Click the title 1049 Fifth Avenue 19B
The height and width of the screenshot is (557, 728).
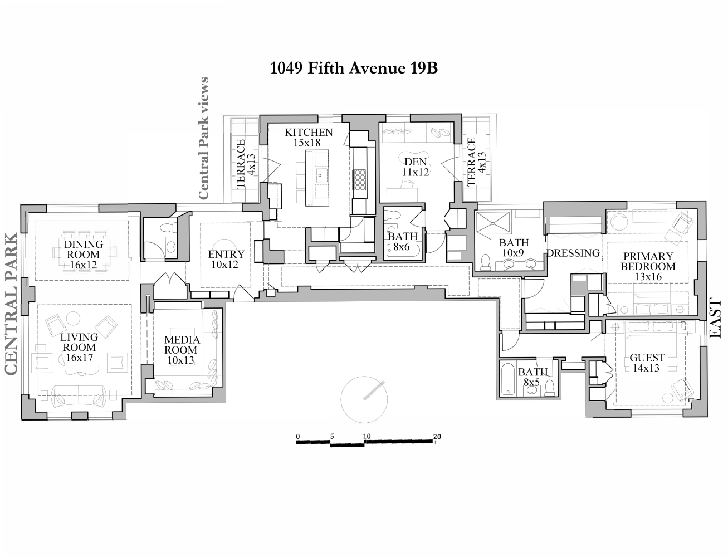tap(354, 68)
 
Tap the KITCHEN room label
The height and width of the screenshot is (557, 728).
tap(309, 137)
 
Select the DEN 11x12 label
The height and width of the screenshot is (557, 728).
tap(416, 167)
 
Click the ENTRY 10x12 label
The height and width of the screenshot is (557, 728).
tap(226, 260)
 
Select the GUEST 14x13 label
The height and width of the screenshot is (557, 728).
tap(647, 363)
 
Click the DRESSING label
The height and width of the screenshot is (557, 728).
tap(573, 253)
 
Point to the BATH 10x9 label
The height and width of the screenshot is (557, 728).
tap(514, 248)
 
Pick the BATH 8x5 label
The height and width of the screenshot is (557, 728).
tap(532, 377)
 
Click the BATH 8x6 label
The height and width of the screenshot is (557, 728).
tap(402, 242)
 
